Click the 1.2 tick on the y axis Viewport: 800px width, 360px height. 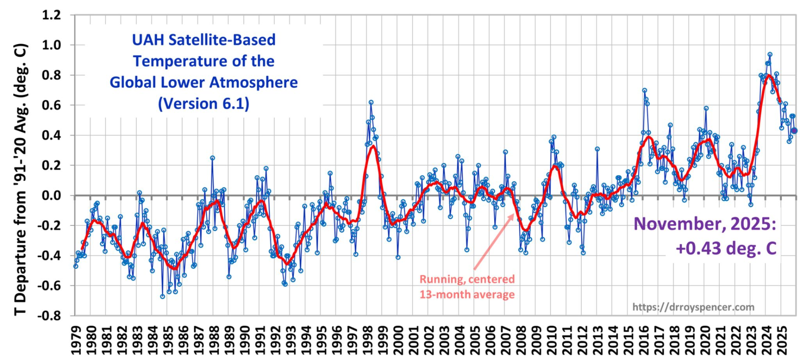click(51, 15)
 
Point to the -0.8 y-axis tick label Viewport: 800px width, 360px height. click(49, 315)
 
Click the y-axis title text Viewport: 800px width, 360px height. click(21, 179)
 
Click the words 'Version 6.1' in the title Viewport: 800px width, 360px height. click(204, 103)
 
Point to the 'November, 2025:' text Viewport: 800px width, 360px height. click(705, 224)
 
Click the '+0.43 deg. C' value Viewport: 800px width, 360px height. click(726, 248)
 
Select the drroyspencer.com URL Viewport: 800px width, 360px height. click(693, 307)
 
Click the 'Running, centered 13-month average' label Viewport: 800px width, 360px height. click(467, 287)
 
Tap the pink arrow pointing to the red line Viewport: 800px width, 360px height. click(494, 242)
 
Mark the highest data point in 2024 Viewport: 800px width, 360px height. click(770, 55)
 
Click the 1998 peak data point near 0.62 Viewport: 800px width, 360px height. click(371, 102)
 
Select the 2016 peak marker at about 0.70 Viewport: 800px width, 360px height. click(645, 90)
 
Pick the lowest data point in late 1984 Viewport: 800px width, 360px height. click(162, 296)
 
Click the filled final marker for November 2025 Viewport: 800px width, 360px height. click(794, 131)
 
